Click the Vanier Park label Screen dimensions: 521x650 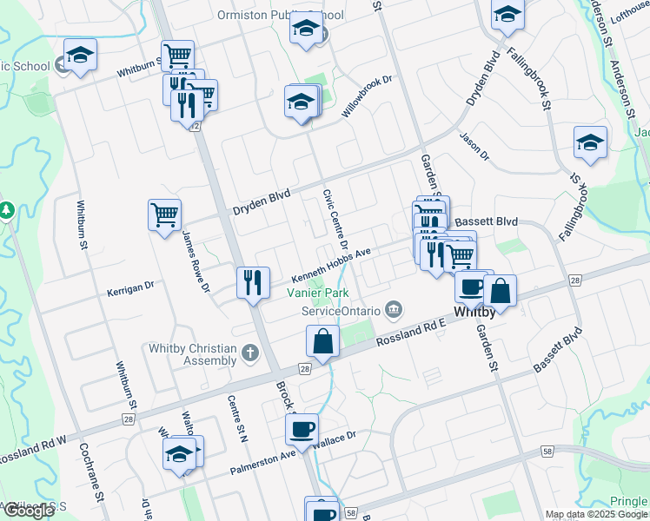(x=319, y=293)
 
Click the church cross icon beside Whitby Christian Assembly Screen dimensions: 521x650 (x=250, y=353)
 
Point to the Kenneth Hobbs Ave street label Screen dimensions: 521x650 (x=331, y=262)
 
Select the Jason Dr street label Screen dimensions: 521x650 (x=474, y=145)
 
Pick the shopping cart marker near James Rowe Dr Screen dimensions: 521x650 (x=164, y=214)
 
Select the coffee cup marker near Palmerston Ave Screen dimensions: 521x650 (x=302, y=429)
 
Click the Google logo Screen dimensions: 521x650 (x=30, y=511)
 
